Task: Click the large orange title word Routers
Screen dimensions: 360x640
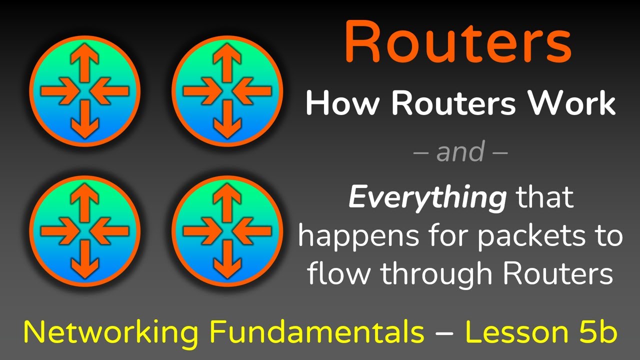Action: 458,42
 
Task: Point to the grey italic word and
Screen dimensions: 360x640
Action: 460,151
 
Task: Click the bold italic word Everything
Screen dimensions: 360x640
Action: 427,198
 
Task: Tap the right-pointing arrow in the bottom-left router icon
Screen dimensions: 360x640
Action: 57,230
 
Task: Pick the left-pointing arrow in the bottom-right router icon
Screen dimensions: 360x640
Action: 252,230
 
